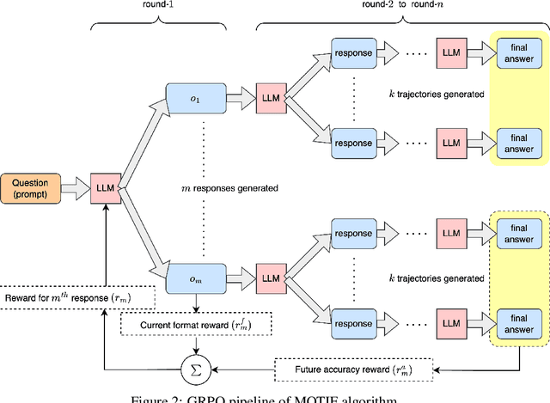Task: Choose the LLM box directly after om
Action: pyautogui.click(x=271, y=278)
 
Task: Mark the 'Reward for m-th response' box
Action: pyautogui.click(x=78, y=297)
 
